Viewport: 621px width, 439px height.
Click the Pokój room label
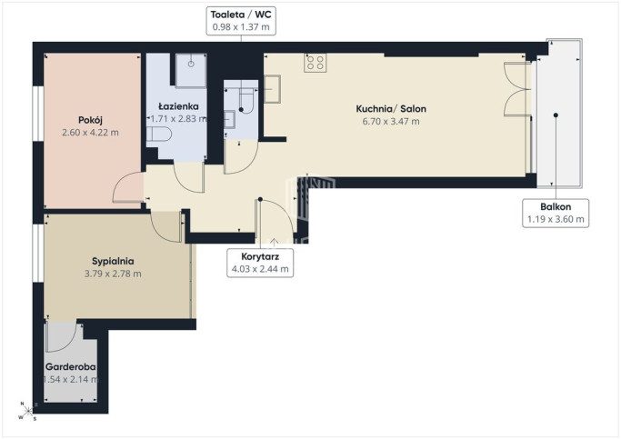[x=90, y=120]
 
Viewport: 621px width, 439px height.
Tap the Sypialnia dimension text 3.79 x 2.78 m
[x=113, y=274]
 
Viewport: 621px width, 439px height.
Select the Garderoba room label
[x=71, y=367]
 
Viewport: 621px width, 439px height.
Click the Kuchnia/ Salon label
[x=391, y=109]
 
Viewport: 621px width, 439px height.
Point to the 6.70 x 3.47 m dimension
[x=391, y=122]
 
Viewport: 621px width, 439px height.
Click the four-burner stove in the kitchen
[x=316, y=63]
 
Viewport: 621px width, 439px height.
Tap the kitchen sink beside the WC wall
[x=272, y=89]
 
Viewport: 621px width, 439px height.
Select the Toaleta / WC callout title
[x=241, y=15]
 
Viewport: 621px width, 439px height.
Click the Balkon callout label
[x=556, y=206]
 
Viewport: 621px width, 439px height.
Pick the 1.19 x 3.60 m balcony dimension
[x=556, y=219]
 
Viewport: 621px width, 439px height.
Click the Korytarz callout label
[x=260, y=256]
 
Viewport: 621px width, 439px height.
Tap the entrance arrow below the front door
[x=274, y=243]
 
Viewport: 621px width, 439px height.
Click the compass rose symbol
[x=27, y=412]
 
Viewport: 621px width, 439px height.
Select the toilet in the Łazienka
[x=159, y=135]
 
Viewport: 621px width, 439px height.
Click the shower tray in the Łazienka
[x=191, y=71]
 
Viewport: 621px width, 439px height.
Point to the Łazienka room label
[x=178, y=106]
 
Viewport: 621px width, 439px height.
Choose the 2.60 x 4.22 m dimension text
[x=90, y=133]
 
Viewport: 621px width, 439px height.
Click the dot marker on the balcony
[x=556, y=115]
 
